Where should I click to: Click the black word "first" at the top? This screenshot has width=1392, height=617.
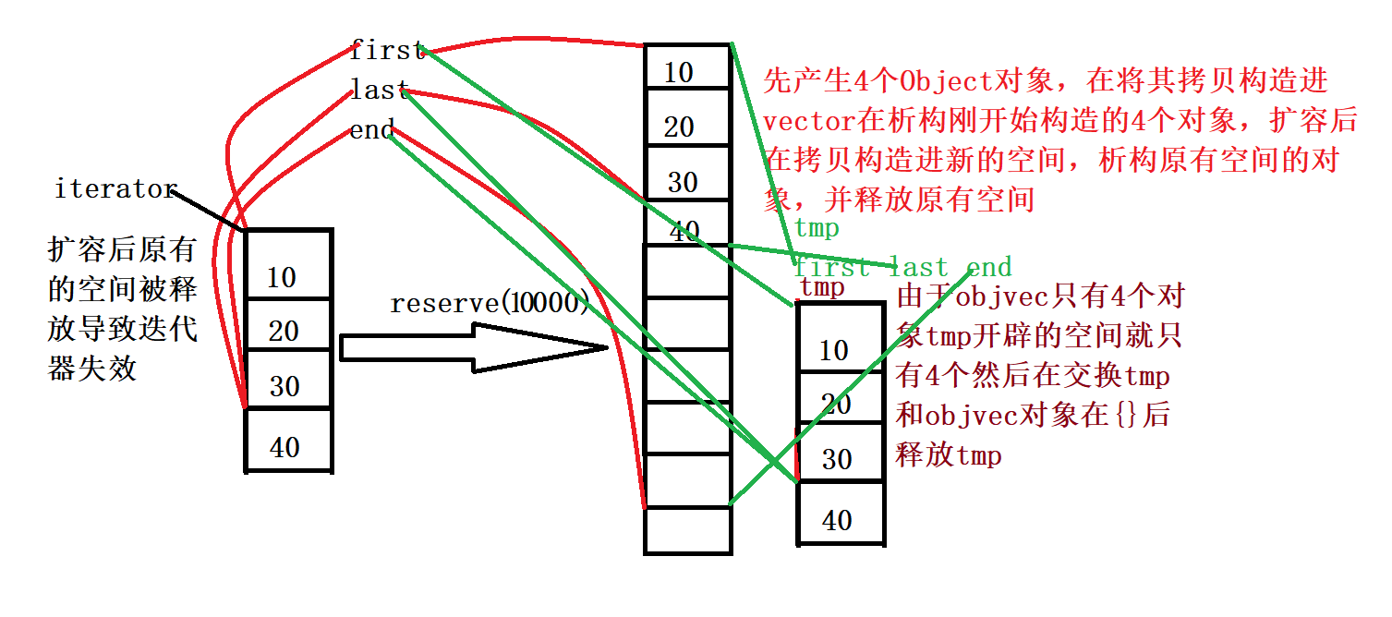(387, 51)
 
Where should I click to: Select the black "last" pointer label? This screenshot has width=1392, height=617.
(379, 91)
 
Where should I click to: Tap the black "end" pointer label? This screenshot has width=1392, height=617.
(372, 130)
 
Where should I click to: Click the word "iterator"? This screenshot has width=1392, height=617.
(115, 189)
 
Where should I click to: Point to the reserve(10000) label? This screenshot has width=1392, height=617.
(490, 303)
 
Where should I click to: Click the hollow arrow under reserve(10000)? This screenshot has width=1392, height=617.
(471, 347)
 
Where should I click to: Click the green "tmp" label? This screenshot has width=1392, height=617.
(817, 228)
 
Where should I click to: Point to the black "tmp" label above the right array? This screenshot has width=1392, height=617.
(822, 287)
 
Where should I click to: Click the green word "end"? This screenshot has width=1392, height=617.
(988, 268)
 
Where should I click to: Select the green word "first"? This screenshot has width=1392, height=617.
(832, 268)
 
